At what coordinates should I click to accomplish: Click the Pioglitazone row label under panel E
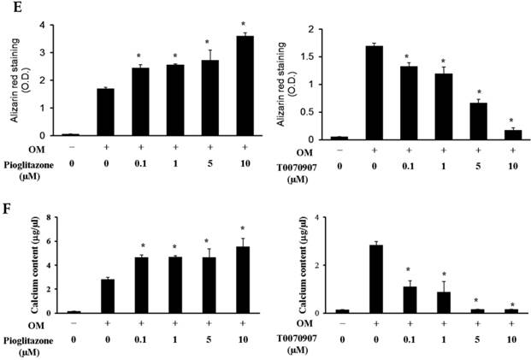coord(29,171)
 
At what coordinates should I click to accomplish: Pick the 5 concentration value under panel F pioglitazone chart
coord(207,339)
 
